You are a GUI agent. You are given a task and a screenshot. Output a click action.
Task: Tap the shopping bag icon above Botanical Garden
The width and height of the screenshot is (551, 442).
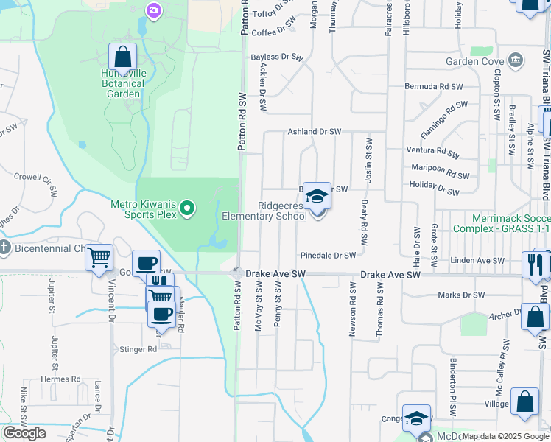point(122,56)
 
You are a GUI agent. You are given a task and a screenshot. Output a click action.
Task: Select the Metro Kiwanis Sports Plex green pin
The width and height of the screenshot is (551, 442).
point(187,210)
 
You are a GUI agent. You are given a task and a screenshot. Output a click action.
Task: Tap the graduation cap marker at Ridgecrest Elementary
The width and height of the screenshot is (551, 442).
point(317,196)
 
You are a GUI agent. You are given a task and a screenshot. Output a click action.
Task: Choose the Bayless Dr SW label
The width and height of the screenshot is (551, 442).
point(276,57)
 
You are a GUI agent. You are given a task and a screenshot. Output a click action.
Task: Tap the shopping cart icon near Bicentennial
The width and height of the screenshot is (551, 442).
point(99,258)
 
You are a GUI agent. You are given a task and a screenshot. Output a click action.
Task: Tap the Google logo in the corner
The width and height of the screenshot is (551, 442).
point(24,433)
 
